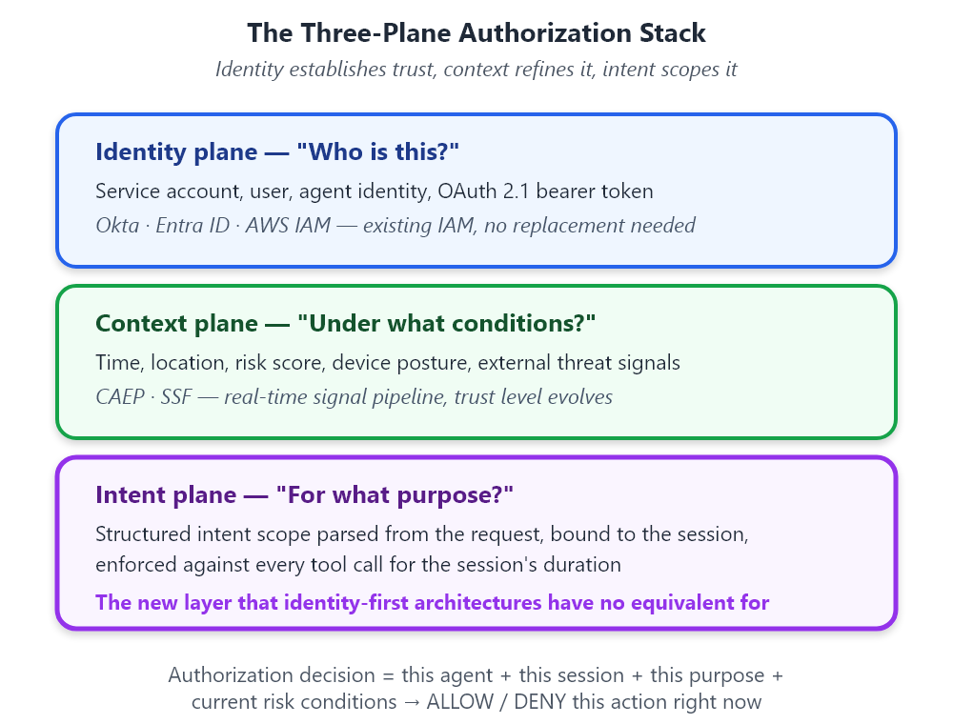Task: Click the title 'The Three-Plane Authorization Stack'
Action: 476,32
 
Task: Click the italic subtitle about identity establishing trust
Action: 476,70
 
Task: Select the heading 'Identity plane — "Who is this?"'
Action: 277,151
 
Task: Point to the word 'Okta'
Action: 117,226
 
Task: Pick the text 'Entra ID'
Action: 193,226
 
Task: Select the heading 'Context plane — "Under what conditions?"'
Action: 345,323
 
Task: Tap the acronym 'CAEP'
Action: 120,396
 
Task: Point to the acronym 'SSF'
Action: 176,396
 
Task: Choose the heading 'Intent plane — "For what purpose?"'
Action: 304,495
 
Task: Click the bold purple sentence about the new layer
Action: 432,602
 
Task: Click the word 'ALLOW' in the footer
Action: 460,701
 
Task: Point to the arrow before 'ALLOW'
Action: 412,702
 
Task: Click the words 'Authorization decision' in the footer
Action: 272,674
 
